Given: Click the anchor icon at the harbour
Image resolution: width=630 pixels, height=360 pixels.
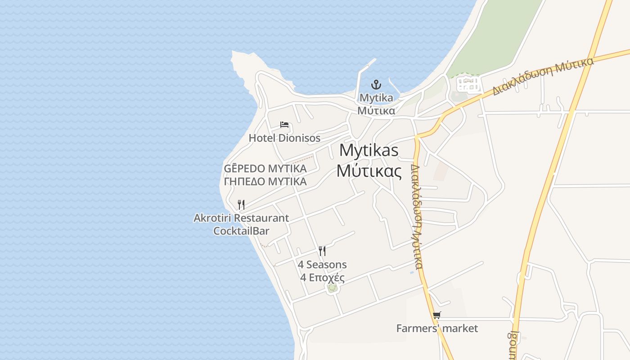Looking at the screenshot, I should point(376,85).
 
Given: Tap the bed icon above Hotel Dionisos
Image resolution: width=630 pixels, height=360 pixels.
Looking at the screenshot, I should point(284,125).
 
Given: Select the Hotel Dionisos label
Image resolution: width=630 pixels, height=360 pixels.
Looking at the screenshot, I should point(284,138).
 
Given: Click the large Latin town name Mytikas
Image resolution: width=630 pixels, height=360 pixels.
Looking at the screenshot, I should point(369,150).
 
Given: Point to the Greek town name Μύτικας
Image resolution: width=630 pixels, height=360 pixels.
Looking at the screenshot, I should point(369,171).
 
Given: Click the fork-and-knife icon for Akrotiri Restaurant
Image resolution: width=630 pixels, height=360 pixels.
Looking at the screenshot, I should point(241,205).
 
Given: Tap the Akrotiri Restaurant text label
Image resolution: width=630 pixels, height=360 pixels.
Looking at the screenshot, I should point(241,218).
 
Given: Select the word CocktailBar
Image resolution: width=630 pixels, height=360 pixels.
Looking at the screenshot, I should point(241,231).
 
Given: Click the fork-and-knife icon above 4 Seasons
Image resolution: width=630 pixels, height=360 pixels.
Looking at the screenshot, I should point(322,251).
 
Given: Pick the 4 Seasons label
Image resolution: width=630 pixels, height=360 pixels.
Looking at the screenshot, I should point(322,265).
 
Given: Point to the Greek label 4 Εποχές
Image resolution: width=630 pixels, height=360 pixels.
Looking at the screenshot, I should point(322,277).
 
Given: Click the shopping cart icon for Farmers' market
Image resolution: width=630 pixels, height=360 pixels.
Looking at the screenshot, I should point(436,315).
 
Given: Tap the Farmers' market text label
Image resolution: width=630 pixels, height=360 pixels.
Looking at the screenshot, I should point(436,328).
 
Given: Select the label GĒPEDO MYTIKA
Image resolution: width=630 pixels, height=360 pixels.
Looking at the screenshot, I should point(265,169).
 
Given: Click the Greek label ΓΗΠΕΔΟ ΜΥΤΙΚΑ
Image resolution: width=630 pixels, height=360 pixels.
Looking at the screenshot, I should point(265,181).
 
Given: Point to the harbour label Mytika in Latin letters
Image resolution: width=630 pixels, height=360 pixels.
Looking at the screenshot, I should point(376,98).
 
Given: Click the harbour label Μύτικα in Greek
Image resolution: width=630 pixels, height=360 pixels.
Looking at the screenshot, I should point(376,111).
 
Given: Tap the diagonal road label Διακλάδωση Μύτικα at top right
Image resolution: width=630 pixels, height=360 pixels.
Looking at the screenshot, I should point(543,76).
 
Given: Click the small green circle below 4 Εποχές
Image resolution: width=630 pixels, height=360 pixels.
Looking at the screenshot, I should point(332,288).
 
